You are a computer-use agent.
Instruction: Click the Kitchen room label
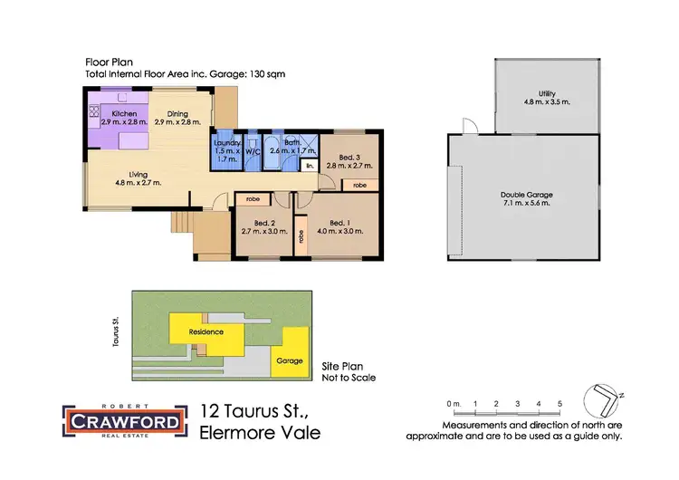tap(123, 113)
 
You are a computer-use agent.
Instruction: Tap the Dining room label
tap(177, 113)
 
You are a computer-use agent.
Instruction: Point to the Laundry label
tap(225, 143)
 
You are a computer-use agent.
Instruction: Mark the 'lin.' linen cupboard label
tap(310, 166)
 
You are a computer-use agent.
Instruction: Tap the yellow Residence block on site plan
tap(206, 332)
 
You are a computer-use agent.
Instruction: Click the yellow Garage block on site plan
tap(287, 360)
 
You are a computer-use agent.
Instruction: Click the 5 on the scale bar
tap(560, 402)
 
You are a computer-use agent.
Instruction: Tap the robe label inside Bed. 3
tap(360, 185)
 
